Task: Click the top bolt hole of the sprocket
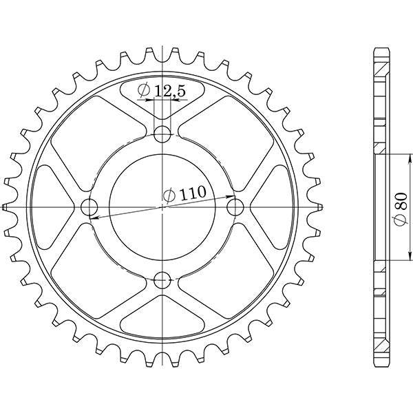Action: (162, 132)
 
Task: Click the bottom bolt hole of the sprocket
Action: (162, 280)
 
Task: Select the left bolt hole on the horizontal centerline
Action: (89, 206)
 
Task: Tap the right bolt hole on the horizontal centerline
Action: (237, 206)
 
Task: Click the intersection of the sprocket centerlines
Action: (162, 206)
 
